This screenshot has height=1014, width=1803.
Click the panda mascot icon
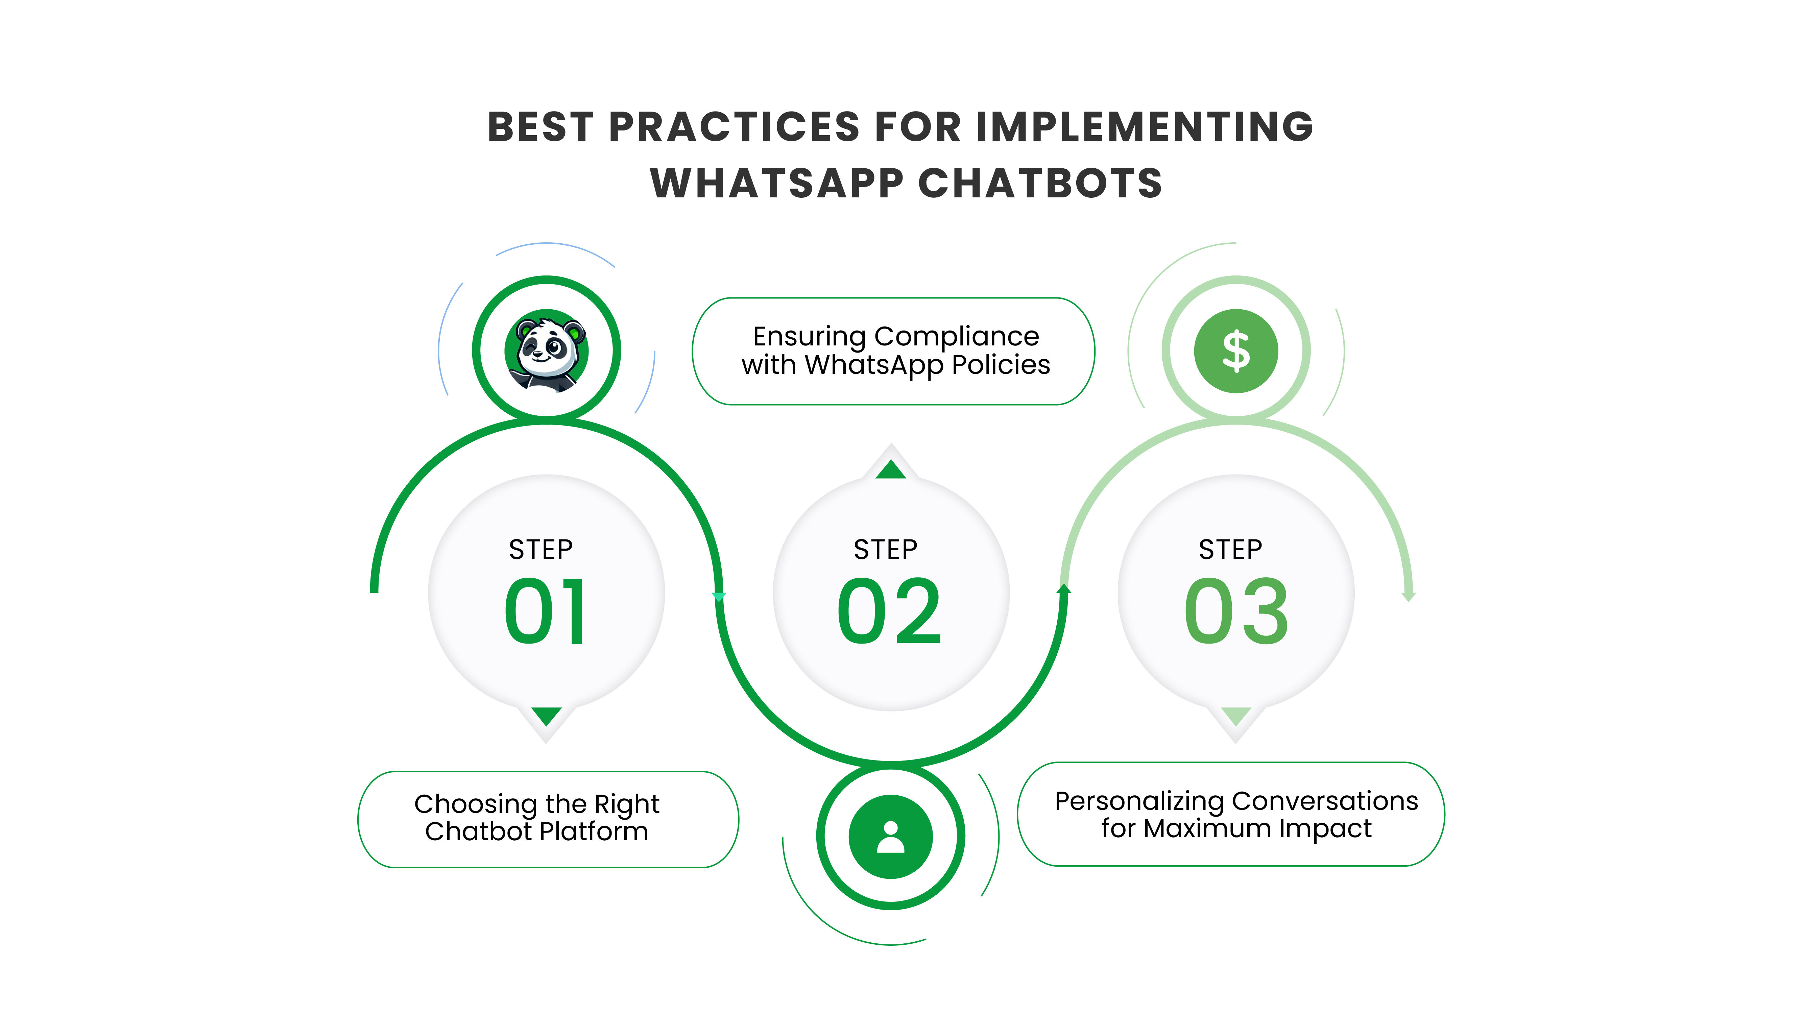pos(547,351)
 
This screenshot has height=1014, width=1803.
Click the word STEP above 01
pos(540,549)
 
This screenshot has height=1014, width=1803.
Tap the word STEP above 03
pos(1230,549)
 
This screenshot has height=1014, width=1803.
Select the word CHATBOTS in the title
pos(1040,183)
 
